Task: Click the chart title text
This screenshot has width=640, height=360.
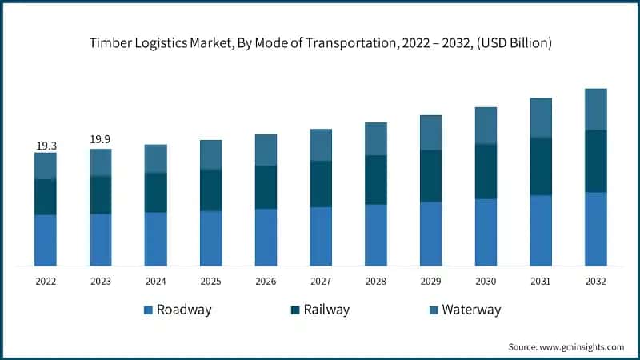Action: click(320, 42)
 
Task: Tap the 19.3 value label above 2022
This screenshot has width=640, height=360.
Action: click(46, 146)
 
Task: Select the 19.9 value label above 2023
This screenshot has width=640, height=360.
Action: click(101, 140)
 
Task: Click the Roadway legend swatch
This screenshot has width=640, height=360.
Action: click(148, 310)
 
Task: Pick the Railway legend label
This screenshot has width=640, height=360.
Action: click(326, 310)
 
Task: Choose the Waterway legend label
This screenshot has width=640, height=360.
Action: click(471, 310)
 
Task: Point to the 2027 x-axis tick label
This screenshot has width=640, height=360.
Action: click(321, 282)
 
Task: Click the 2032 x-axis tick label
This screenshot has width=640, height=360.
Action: click(596, 282)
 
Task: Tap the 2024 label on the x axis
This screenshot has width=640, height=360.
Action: click(156, 282)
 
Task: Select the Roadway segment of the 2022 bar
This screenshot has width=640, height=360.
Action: click(46, 240)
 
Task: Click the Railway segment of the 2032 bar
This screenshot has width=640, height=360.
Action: click(596, 161)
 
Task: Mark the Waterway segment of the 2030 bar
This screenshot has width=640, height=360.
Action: click(486, 126)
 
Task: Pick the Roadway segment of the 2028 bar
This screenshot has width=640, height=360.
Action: click(376, 234)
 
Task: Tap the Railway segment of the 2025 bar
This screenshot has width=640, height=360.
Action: click(211, 190)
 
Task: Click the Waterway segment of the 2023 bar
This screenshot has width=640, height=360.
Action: click(101, 162)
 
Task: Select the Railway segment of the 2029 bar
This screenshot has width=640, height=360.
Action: click(431, 176)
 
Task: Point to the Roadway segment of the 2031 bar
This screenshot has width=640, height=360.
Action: click(541, 230)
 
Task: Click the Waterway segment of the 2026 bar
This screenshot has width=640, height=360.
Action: click(266, 150)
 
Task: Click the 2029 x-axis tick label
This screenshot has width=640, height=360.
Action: click(431, 282)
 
